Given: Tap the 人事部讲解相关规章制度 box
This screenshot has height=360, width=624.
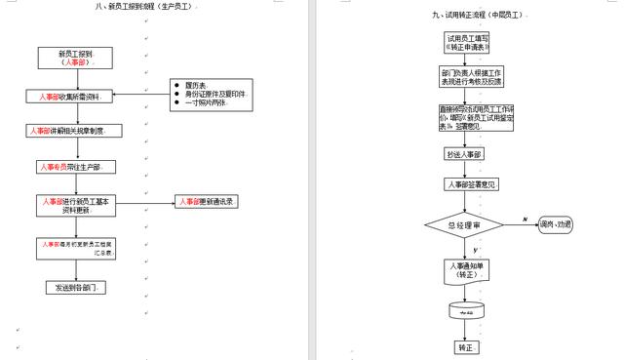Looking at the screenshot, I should click(76, 130).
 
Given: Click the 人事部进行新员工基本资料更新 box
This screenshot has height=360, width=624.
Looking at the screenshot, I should click(76, 205).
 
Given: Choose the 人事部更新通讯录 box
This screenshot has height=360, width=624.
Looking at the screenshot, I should click(208, 202).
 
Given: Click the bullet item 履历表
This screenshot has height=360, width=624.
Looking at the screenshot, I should click(195, 86).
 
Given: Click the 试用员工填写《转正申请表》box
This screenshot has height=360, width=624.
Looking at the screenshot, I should click(468, 42).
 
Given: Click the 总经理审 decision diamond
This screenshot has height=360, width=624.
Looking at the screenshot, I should click(464, 225).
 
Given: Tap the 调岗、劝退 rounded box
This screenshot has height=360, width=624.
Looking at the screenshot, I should click(555, 224).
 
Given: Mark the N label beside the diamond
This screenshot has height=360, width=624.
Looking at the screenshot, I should click(524, 219).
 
